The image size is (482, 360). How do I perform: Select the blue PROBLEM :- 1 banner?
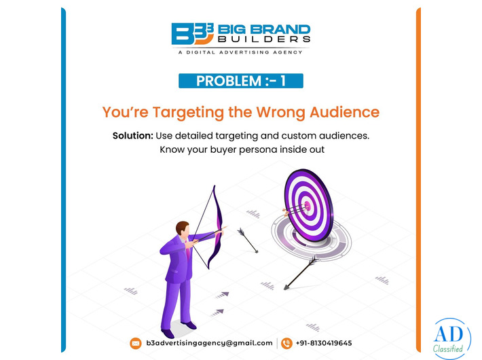click(x=241, y=81)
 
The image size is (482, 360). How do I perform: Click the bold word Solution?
click(x=132, y=135)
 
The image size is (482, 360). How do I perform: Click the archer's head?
click(x=181, y=229)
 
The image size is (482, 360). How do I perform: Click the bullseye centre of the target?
click(x=305, y=204)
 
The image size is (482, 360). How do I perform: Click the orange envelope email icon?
click(x=136, y=343)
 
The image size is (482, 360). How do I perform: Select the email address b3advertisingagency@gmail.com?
click(x=209, y=343)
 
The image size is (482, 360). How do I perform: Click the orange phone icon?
click(x=286, y=343)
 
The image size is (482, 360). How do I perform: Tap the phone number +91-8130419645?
click(x=324, y=343)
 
